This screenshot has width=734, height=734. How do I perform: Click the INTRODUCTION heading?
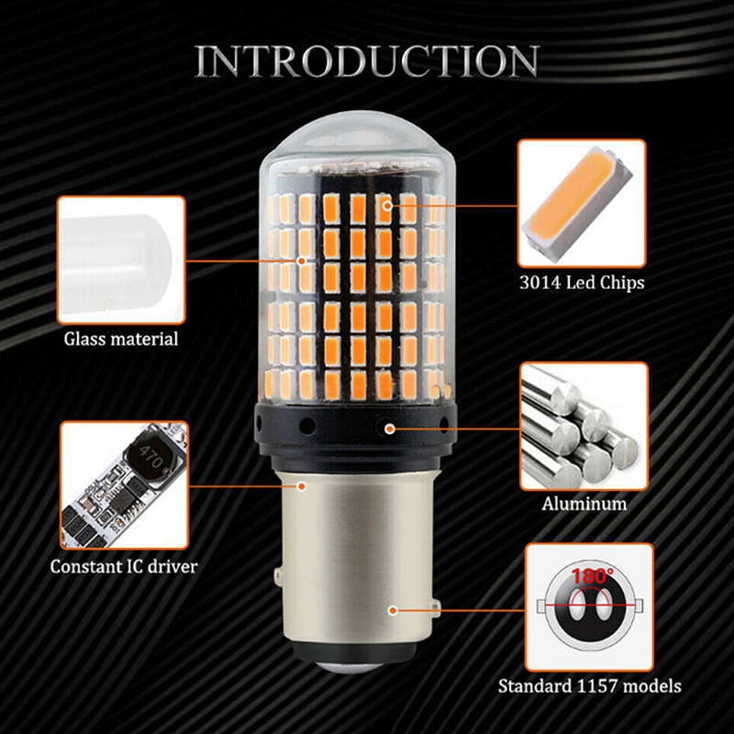click(367, 61)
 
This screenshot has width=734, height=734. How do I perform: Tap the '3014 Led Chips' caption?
click(582, 283)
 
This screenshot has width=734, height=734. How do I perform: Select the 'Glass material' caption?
click(121, 339)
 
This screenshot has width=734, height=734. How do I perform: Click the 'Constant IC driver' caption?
click(124, 566)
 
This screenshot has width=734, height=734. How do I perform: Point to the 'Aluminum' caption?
click(584, 504)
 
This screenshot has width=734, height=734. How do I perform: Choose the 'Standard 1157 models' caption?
click(589, 686)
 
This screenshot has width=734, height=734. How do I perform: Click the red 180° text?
click(592, 576)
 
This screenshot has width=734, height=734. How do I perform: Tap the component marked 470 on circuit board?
click(150, 455)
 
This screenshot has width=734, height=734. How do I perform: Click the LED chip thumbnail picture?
click(582, 203)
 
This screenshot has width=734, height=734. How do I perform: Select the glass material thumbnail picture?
click(121, 260)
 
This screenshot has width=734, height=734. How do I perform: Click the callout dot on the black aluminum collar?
click(389, 428)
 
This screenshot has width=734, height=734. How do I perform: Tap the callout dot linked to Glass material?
click(302, 261)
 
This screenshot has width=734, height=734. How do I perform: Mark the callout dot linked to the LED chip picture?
click(387, 205)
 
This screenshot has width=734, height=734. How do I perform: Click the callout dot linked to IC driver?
click(302, 486)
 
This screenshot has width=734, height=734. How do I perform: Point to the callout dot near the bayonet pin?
click(394, 610)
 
